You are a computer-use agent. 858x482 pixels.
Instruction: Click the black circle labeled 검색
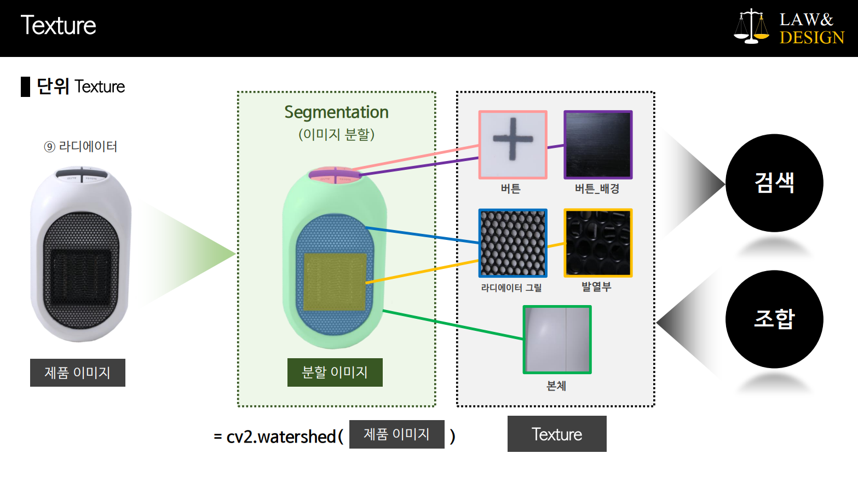click(774, 182)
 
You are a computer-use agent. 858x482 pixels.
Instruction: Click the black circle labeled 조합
click(774, 319)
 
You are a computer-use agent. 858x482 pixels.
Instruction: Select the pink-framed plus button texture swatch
click(513, 145)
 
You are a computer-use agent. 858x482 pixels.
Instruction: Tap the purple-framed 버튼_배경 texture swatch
click(598, 145)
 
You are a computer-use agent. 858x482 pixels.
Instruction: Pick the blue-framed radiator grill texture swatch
click(513, 243)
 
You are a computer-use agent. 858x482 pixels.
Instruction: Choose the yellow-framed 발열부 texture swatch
click(598, 243)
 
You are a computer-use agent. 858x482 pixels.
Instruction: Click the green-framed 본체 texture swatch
click(557, 340)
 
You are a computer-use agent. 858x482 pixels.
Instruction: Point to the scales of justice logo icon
click(751, 26)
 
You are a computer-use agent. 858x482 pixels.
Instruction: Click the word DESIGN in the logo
click(811, 38)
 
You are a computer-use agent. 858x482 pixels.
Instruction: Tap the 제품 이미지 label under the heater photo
click(78, 372)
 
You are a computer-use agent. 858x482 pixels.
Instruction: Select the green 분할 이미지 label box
click(335, 372)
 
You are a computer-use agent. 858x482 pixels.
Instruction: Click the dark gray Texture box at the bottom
click(557, 434)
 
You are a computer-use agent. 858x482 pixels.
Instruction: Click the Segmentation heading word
click(336, 112)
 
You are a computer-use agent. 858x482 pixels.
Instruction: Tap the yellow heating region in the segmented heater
click(335, 282)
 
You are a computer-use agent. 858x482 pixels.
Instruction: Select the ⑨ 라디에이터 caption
click(80, 146)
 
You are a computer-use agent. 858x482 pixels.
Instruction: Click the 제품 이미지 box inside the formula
click(396, 434)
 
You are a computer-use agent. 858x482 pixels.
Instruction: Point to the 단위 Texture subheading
click(80, 87)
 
